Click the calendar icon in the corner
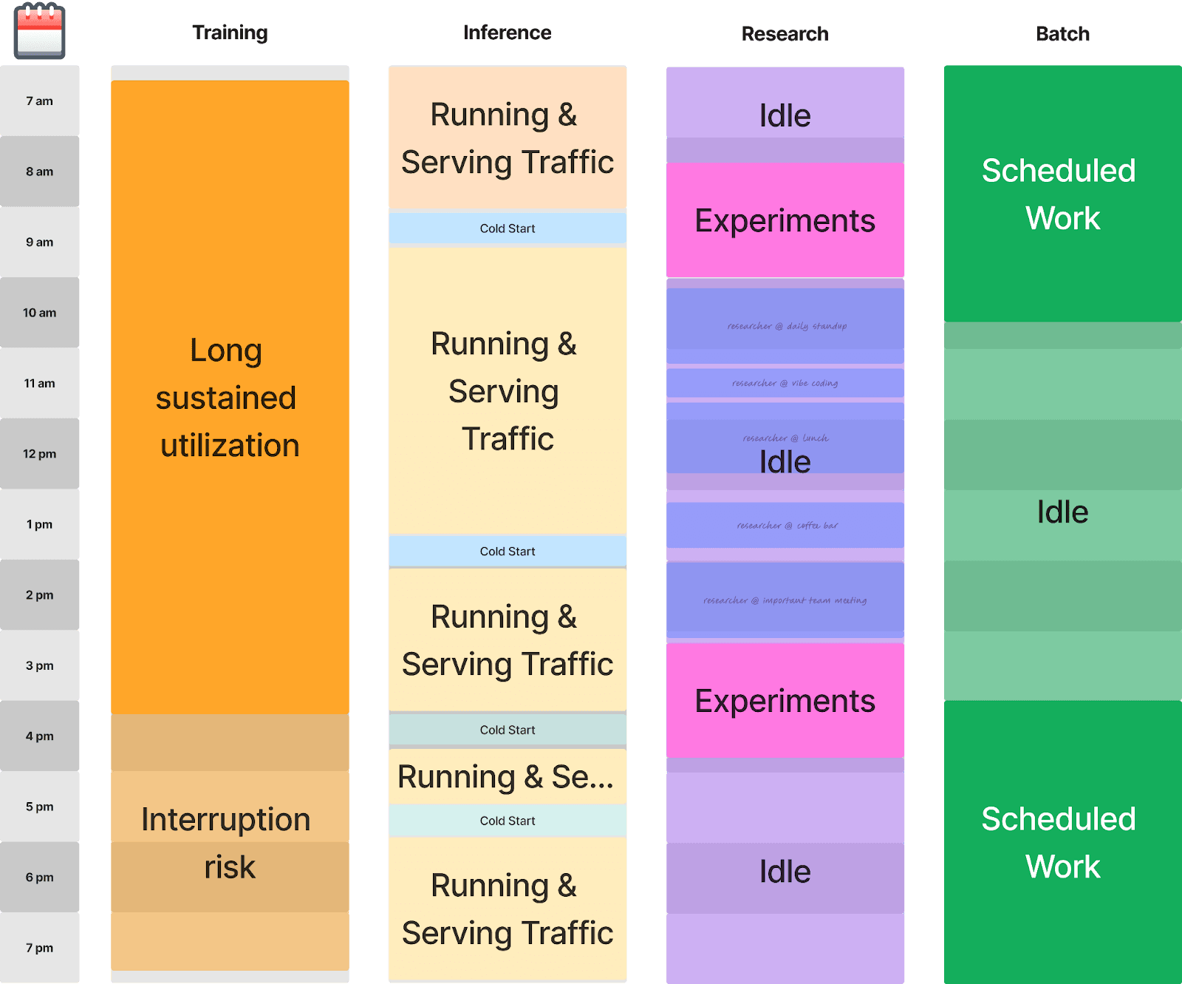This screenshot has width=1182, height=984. click(40, 32)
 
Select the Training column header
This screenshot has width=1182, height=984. click(230, 33)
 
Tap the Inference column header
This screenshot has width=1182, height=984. click(507, 33)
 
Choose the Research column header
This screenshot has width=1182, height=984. click(785, 34)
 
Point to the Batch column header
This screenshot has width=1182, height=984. click(1062, 34)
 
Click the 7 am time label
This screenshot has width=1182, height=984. click(40, 101)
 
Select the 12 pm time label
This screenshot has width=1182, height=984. click(40, 454)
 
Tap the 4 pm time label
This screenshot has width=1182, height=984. click(40, 736)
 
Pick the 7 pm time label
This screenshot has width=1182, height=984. click(40, 948)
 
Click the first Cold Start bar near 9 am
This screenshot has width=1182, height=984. click(507, 228)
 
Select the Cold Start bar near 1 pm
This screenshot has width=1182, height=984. click(507, 552)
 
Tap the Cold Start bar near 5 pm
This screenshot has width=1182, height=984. click(507, 821)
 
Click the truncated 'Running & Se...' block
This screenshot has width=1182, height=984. click(507, 777)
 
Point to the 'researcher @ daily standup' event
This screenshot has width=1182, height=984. click(785, 326)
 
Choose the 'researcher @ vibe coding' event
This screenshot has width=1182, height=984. click(785, 383)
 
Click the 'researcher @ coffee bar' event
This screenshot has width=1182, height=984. click(785, 526)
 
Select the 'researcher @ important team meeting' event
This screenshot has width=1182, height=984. click(785, 600)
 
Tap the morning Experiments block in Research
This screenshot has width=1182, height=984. click(785, 221)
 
